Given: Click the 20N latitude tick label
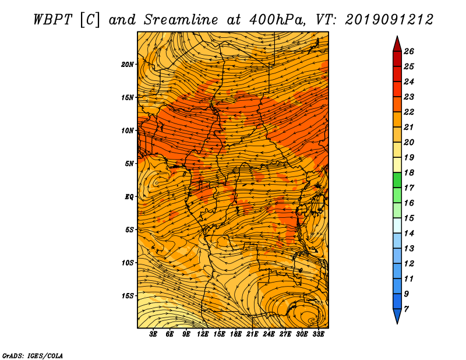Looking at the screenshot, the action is (128, 64).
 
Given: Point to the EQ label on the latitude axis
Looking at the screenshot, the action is (129, 197).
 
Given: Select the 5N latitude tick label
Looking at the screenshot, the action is (129, 164).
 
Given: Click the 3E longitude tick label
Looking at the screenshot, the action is (153, 334).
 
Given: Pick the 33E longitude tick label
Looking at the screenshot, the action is (318, 334).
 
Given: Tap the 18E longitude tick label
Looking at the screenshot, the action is (236, 334).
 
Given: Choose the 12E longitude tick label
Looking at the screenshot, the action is (203, 334).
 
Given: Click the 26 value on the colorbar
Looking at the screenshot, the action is (409, 51).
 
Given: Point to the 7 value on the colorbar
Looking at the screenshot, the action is (407, 309).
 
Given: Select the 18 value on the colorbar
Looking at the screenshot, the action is (409, 172).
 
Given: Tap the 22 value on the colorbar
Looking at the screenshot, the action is (409, 112).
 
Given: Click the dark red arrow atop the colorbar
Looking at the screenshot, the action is (397, 45).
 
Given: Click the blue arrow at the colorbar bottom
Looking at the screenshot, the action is (397, 315).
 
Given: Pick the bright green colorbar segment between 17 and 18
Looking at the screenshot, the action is (397, 180).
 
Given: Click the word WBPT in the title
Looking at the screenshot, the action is (52, 20).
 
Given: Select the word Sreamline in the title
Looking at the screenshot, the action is (181, 20).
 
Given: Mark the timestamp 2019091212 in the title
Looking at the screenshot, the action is (389, 20).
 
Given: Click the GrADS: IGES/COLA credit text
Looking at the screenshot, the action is (33, 355).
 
